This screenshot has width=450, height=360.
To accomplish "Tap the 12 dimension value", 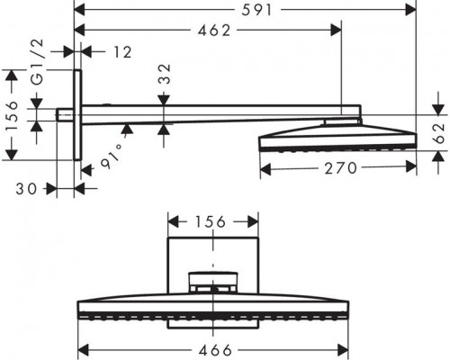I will point(122,52).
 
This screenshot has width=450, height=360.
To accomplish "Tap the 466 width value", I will point(213,349).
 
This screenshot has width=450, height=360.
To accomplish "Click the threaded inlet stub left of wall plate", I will point(66,115).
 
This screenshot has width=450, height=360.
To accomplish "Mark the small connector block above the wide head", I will point(213,281).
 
